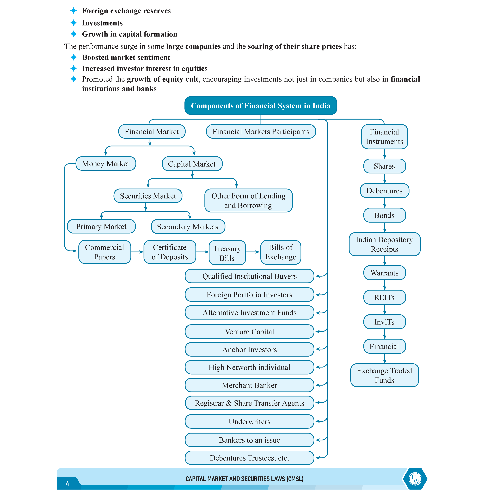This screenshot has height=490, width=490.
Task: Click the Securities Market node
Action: (148, 196)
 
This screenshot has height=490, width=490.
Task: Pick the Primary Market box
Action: (101, 226)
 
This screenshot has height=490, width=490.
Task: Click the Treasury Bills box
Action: (227, 253)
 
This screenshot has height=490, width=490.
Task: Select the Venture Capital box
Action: (249, 332)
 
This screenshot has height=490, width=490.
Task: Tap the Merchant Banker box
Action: (249, 385)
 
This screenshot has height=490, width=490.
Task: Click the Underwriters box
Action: (249, 421)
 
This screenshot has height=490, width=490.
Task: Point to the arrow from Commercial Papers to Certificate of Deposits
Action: (137, 252)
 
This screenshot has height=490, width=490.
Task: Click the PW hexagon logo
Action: (415, 479)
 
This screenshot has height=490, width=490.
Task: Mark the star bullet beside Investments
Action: (73, 23)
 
